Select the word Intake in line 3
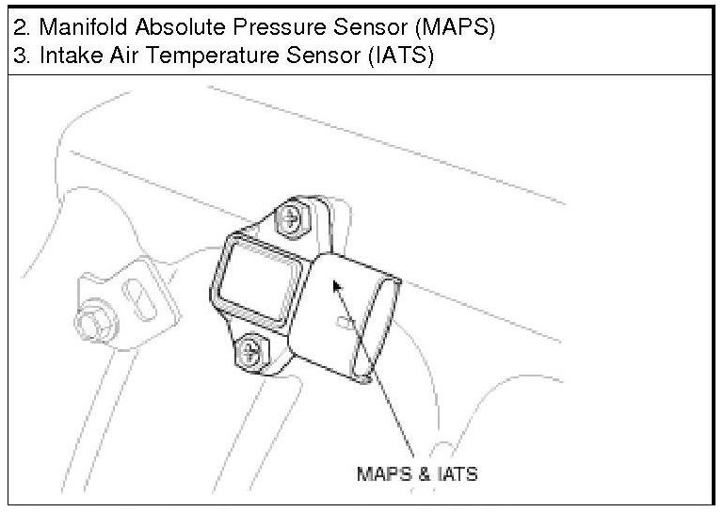point(62,56)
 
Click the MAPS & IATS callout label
point(416,472)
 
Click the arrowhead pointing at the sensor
point(335,283)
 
